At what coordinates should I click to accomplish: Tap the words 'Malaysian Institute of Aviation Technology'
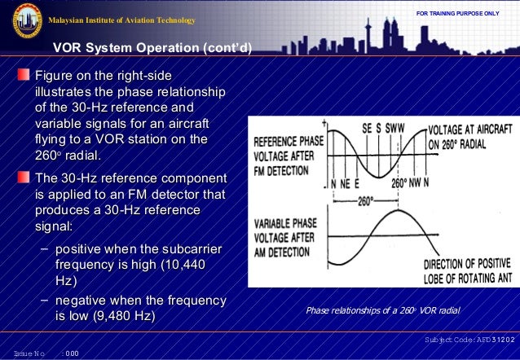[x=122, y=20]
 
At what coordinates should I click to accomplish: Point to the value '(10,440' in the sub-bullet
[x=190, y=265]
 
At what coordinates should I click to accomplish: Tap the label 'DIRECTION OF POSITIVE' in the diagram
[x=468, y=264]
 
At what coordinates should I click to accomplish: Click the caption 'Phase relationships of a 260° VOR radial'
[x=382, y=310]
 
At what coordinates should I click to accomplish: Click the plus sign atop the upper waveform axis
[x=325, y=122]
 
